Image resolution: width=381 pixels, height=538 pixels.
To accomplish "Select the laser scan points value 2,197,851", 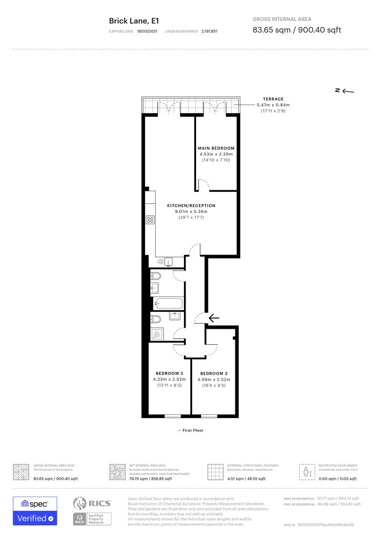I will pos(209,31).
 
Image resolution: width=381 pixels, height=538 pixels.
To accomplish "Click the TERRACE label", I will pos(273,99).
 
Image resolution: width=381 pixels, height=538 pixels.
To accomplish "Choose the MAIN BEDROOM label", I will pos(216,148).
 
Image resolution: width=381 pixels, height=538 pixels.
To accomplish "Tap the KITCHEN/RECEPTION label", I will pos(191,206).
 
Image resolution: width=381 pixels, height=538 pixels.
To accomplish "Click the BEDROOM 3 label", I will pos(169,374).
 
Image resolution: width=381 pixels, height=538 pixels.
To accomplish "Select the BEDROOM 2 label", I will pos(213,374).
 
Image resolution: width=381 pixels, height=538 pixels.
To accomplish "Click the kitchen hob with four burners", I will pos(151,220).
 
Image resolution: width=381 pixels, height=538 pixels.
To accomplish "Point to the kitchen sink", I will pos(168,261).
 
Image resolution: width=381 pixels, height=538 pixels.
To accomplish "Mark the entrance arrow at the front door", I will pos(214,318).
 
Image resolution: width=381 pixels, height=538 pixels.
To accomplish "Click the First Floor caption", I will pos(190,430).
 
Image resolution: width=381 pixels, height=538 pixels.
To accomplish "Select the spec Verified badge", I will pos(35,511).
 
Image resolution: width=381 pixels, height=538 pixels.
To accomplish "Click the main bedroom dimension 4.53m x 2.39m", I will pos(216,154).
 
